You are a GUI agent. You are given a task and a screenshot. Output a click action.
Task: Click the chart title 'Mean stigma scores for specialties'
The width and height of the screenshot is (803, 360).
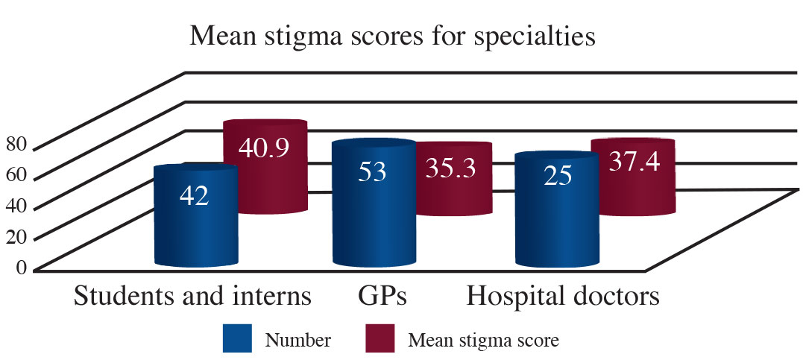pos(392,36)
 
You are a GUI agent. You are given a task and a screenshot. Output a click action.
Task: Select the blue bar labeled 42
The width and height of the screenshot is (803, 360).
pos(195,216)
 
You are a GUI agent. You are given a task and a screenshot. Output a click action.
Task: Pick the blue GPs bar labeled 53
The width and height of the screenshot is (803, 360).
pos(374,205)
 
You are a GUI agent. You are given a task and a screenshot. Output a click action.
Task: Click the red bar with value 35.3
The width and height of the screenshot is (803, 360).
pos(451,179)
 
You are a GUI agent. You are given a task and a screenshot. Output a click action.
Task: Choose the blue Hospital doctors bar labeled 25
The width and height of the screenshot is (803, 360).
pos(556,212)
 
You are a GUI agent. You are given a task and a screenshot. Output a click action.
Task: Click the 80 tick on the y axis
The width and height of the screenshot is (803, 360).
pos(16,145)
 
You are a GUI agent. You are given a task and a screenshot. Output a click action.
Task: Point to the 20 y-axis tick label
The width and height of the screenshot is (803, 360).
pos(16,236)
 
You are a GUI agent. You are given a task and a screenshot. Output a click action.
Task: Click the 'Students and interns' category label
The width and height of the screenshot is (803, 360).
pos(192,296)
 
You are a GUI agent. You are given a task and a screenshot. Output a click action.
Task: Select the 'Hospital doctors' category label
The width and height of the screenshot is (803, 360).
pos(563,296)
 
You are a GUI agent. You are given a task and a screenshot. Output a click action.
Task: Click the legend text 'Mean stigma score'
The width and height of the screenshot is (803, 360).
pos(483,341)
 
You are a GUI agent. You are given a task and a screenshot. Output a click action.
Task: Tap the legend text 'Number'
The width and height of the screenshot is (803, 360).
pos(299,341)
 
